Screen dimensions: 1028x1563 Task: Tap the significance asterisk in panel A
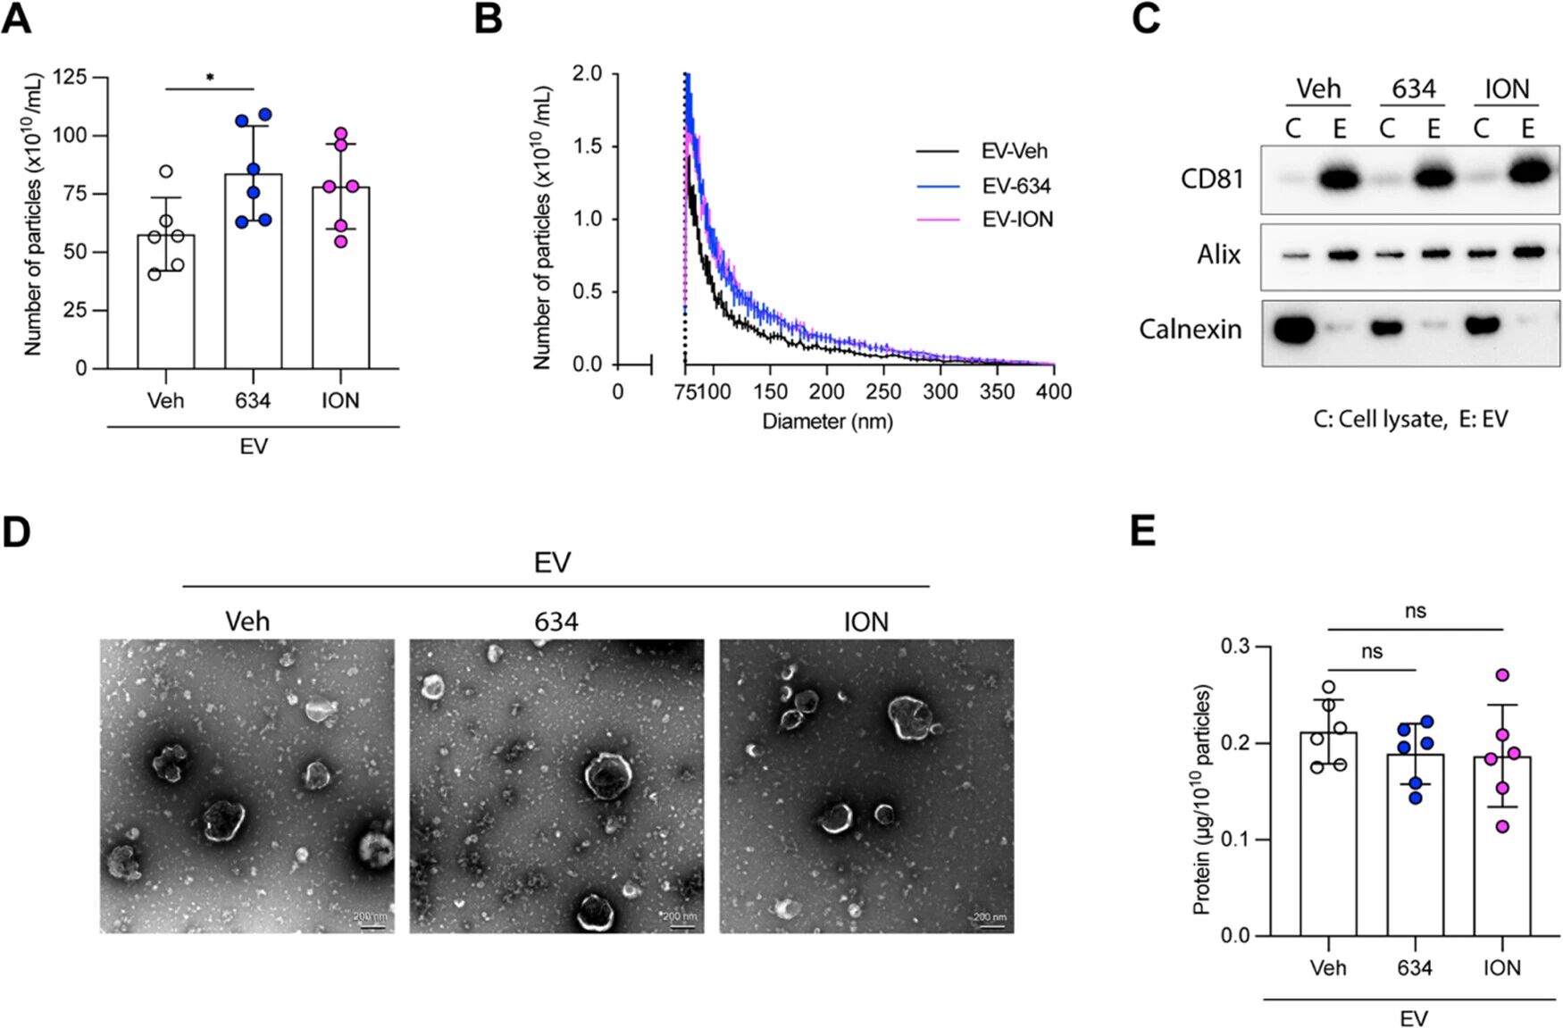coord(210,78)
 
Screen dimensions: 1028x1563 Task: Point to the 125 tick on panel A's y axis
coord(70,77)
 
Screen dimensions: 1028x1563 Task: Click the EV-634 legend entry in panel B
coord(1016,186)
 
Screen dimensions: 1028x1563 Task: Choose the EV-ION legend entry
coord(1016,220)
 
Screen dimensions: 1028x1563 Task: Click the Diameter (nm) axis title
coord(827,421)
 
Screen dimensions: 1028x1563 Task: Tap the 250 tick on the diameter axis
coord(883,392)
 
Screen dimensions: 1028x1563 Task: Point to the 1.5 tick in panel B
coord(587,146)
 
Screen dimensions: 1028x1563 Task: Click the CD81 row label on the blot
coord(1211,180)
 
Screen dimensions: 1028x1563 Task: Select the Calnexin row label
coord(1190,330)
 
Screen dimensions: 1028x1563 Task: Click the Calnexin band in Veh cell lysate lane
coord(1293,330)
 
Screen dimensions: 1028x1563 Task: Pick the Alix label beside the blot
coord(1218,255)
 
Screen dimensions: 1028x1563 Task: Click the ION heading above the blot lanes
coord(1506,89)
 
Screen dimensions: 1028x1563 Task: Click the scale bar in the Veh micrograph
coord(372,925)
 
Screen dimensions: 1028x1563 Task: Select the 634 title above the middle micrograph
coord(556,622)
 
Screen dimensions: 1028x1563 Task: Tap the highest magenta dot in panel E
coord(1502,675)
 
